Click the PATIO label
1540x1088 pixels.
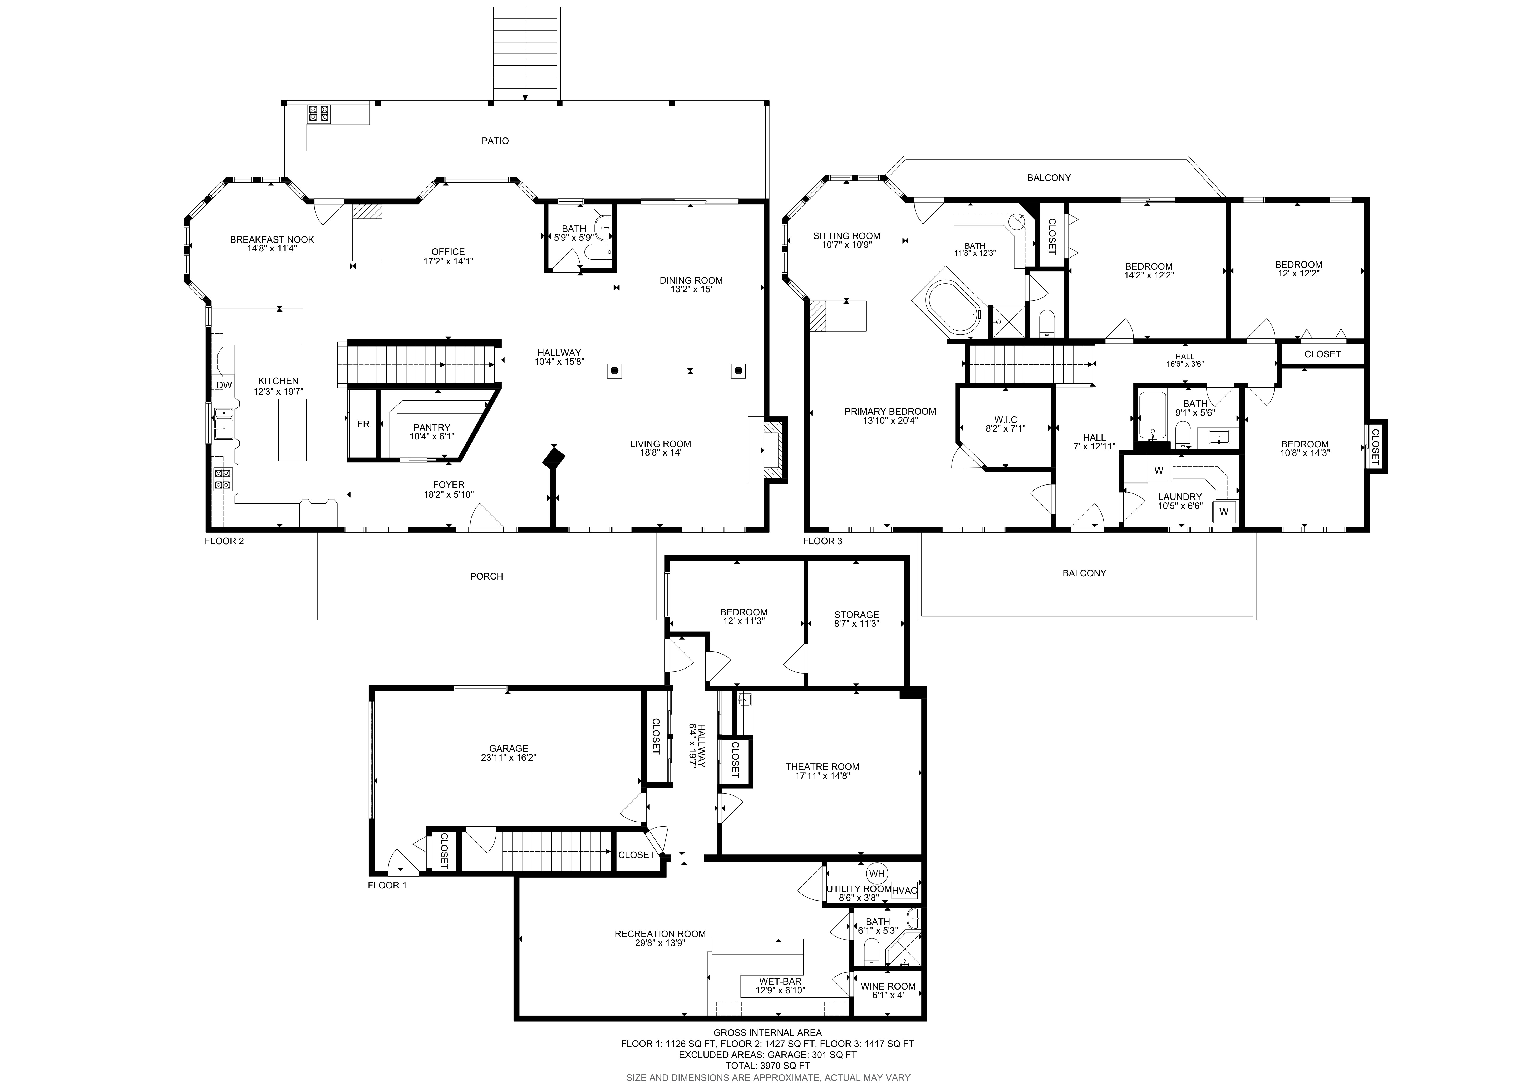[495, 141]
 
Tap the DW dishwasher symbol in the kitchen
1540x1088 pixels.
[224, 385]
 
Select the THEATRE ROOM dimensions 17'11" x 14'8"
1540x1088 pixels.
[822, 776]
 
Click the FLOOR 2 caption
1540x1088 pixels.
[224, 541]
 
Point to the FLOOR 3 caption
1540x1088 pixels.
[822, 541]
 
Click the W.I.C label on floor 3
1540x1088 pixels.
[1005, 420]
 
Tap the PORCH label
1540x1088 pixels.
[486, 576]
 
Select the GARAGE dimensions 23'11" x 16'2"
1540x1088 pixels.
[508, 758]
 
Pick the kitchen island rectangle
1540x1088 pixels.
[292, 430]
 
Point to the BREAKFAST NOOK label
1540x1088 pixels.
[272, 239]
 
